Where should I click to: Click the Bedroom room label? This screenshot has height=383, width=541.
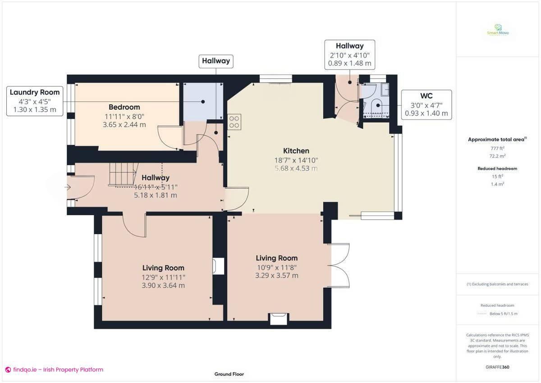pyautogui.click(x=124, y=107)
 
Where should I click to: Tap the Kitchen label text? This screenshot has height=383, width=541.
pyautogui.click(x=296, y=151)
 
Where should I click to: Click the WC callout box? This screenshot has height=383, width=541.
pyautogui.click(x=426, y=105)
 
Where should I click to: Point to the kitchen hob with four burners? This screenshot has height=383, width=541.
pyautogui.click(x=234, y=122)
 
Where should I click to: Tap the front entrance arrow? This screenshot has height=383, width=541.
pyautogui.click(x=68, y=187)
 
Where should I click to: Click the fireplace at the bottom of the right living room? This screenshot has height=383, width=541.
pyautogui.click(x=277, y=318)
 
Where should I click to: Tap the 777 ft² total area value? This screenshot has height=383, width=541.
pyautogui.click(x=497, y=148)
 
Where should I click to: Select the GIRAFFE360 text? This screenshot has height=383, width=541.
pyautogui.click(x=498, y=367)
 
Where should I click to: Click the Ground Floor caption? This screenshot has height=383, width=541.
pyautogui.click(x=229, y=374)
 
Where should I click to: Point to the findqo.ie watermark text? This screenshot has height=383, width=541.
pyautogui.click(x=54, y=369)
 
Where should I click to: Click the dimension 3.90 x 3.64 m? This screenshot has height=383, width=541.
pyautogui.click(x=163, y=286)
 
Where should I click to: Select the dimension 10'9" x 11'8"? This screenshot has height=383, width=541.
pyautogui.click(x=276, y=267)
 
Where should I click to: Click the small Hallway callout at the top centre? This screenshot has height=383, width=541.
pyautogui.click(x=216, y=61)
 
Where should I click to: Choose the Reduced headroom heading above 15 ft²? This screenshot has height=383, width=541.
pyautogui.click(x=497, y=168)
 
